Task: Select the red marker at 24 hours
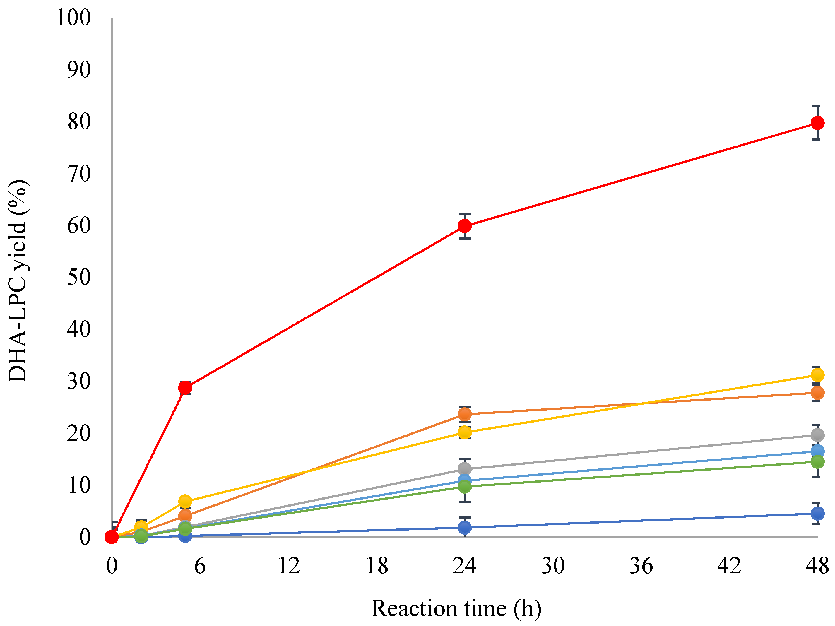point(465,226)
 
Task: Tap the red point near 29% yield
point(185,387)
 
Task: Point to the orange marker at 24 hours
point(465,414)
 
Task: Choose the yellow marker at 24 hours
point(465,432)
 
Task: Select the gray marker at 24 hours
point(465,469)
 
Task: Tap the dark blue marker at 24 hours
point(465,527)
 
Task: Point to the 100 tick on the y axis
point(73,18)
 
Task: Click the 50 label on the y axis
point(79,278)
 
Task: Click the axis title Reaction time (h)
point(456,609)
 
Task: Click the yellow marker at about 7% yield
point(185,501)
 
